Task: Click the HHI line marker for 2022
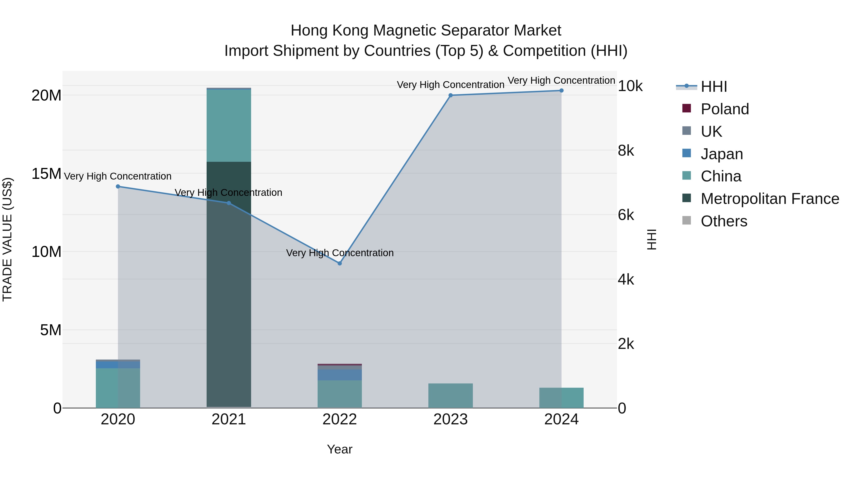(340, 264)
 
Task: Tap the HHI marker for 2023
(450, 95)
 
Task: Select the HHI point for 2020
(118, 186)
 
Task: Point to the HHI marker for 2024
(561, 91)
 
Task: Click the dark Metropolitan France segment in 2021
(229, 298)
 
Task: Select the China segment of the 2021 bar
(229, 126)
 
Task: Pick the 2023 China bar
(450, 396)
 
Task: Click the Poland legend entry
(724, 109)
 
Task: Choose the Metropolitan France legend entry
(770, 199)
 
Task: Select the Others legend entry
(724, 221)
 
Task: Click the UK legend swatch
(687, 131)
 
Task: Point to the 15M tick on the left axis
(46, 174)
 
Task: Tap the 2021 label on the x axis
(229, 419)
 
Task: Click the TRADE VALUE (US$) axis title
(7, 239)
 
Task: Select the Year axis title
(340, 449)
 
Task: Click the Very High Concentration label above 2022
(340, 253)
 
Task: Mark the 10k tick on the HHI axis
(630, 86)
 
